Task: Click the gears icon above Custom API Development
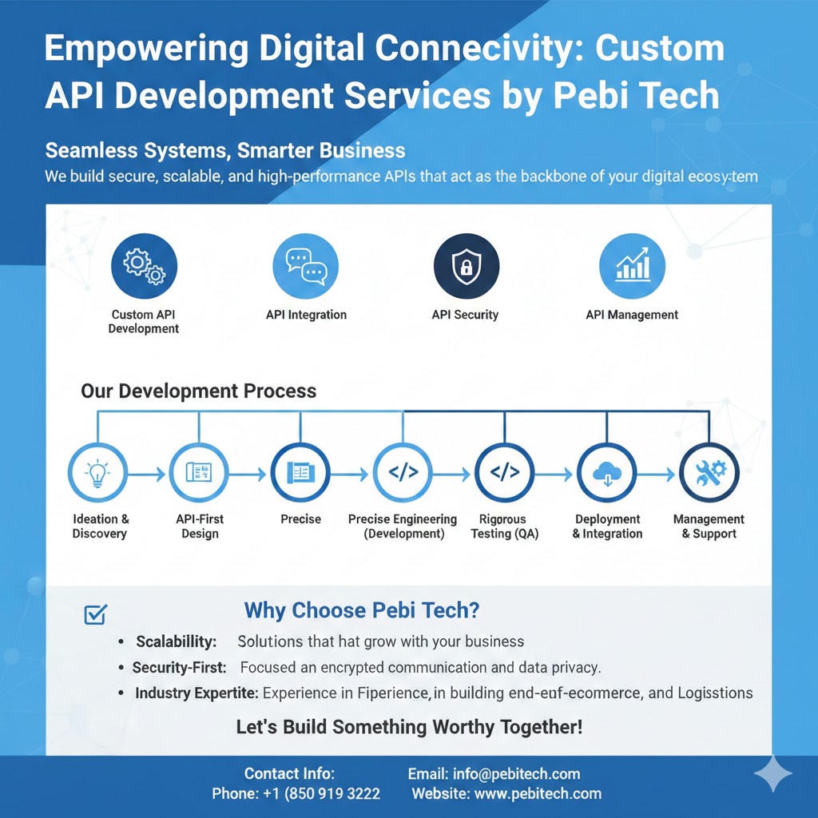(144, 266)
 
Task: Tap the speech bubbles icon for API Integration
(306, 266)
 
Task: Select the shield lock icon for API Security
(467, 266)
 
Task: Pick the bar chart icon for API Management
(633, 266)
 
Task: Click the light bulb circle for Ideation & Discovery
(97, 473)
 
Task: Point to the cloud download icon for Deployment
(607, 473)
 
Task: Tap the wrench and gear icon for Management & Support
(709, 473)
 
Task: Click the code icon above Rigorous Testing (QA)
(505, 473)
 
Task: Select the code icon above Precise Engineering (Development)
(403, 473)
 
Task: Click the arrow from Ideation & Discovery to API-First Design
(147, 475)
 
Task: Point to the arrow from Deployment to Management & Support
(657, 475)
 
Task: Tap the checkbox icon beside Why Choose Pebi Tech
(96, 614)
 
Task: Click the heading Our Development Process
(199, 391)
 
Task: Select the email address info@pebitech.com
(517, 773)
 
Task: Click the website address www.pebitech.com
(538, 793)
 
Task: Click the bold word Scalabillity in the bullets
(177, 641)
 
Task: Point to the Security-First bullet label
(180, 667)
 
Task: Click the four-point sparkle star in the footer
(772, 773)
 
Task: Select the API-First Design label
(200, 526)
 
